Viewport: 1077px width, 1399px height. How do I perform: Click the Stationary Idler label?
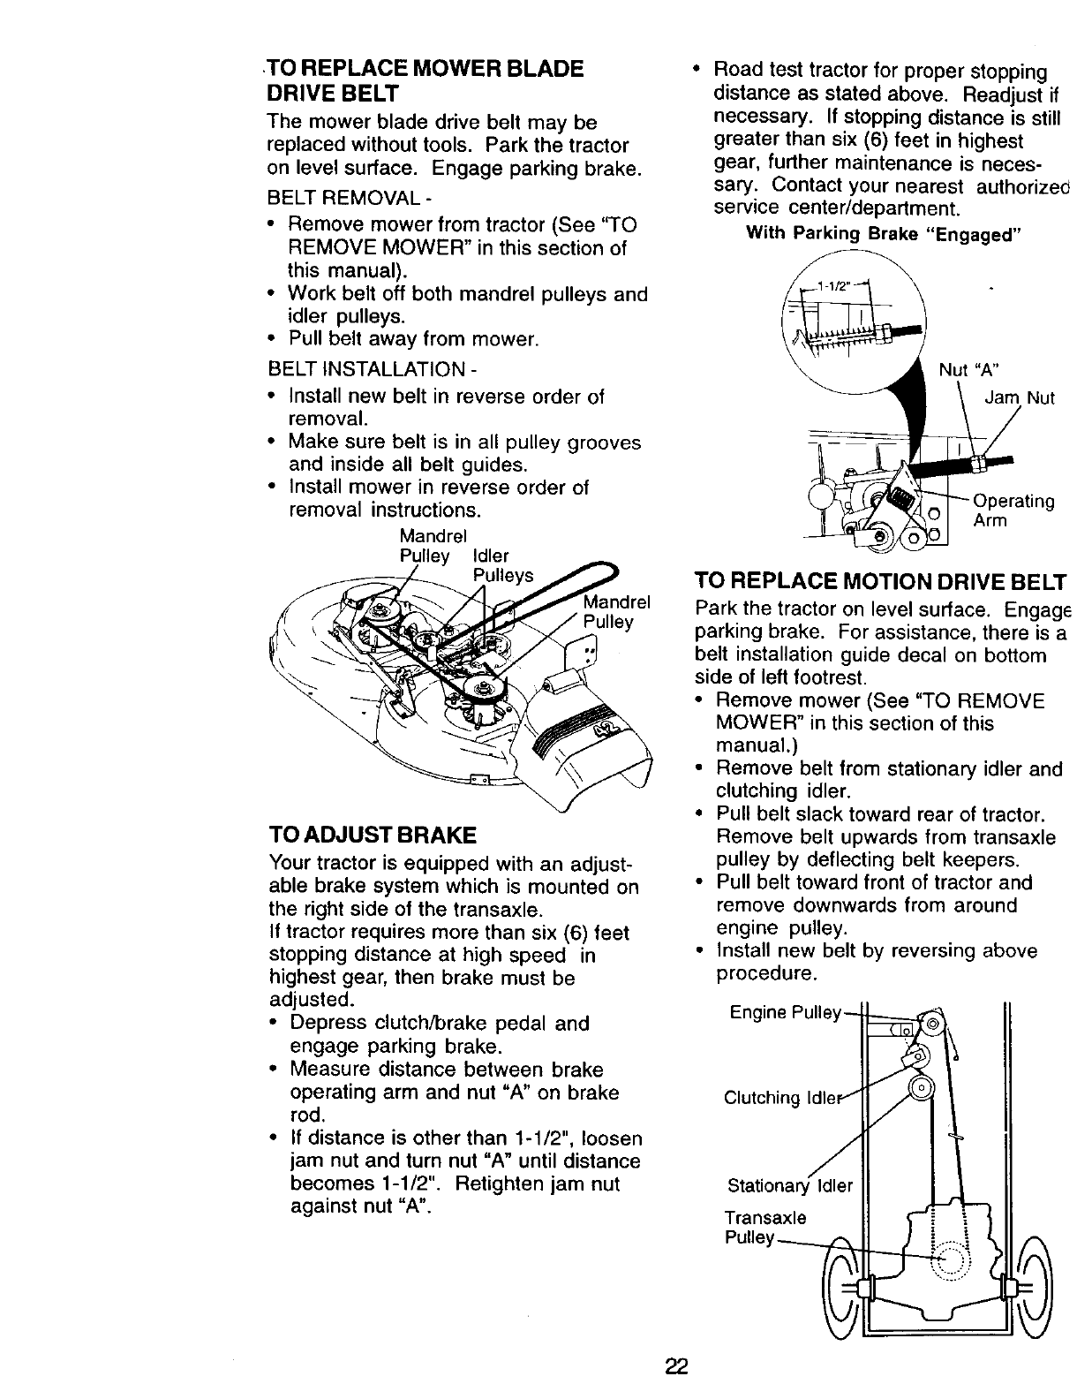click(x=789, y=1185)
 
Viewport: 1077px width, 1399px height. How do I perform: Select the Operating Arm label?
click(x=1012, y=511)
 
